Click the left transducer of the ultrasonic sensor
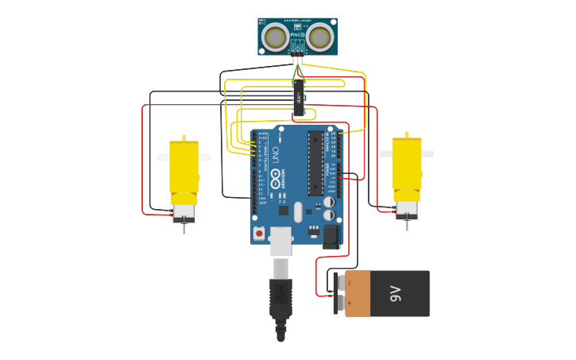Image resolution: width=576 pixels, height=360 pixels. [x=276, y=37]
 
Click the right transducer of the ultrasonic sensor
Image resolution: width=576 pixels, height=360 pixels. [x=319, y=37]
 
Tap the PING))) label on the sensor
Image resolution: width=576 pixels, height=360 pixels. [x=298, y=35]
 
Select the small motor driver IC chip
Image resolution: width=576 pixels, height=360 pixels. [x=299, y=97]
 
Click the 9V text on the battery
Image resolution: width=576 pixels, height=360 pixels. [x=396, y=293]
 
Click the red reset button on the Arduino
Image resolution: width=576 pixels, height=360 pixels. [x=259, y=234]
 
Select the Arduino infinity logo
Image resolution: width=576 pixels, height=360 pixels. [x=276, y=180]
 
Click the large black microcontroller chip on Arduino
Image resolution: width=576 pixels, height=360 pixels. [x=315, y=163]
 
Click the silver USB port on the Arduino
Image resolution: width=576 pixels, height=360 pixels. [x=281, y=241]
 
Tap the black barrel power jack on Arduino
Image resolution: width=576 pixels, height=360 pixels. [x=331, y=236]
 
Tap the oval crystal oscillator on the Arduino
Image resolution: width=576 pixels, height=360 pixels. [x=298, y=212]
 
